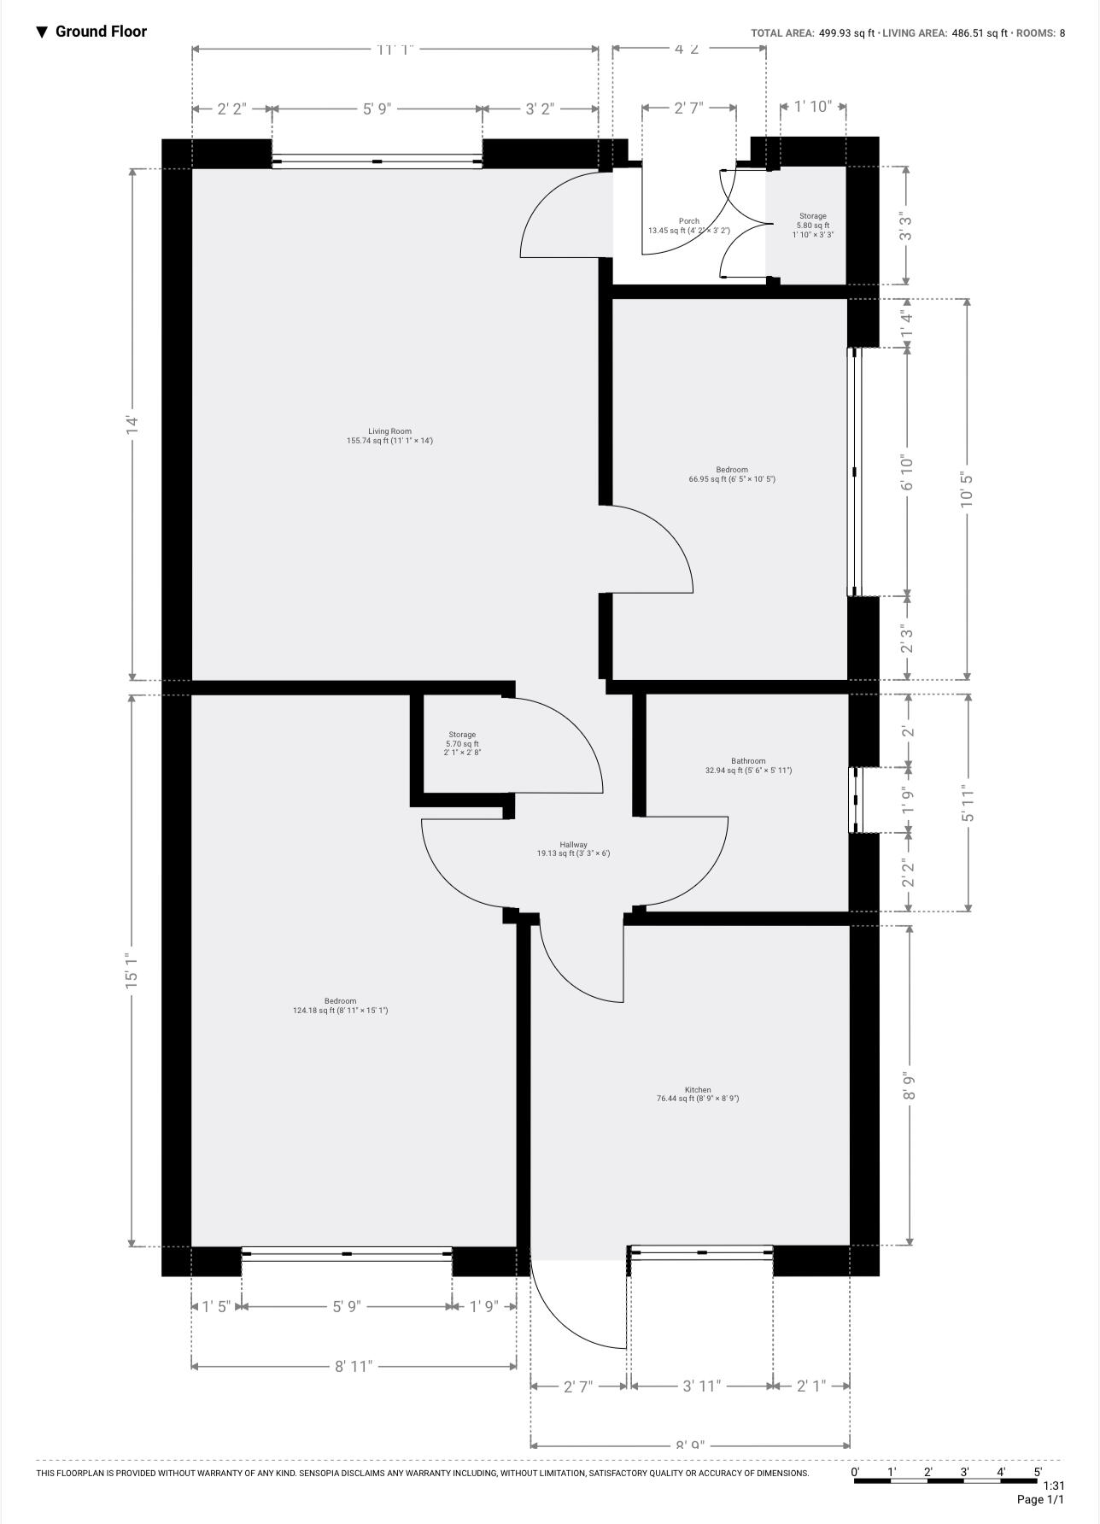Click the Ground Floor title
pyautogui.click(x=101, y=32)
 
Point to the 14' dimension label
pyautogui.click(x=132, y=425)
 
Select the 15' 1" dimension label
pyautogui.click(x=132, y=971)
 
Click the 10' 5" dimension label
pyautogui.click(x=967, y=489)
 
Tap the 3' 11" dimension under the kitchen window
pyautogui.click(x=701, y=1385)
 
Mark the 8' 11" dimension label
pyautogui.click(x=354, y=1366)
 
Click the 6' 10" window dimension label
pyautogui.click(x=907, y=472)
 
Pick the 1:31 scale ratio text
pyautogui.click(x=1054, y=1486)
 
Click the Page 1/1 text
pyautogui.click(x=1040, y=1499)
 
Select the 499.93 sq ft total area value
pyautogui.click(x=846, y=33)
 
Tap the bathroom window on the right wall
pyautogui.click(x=855, y=800)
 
